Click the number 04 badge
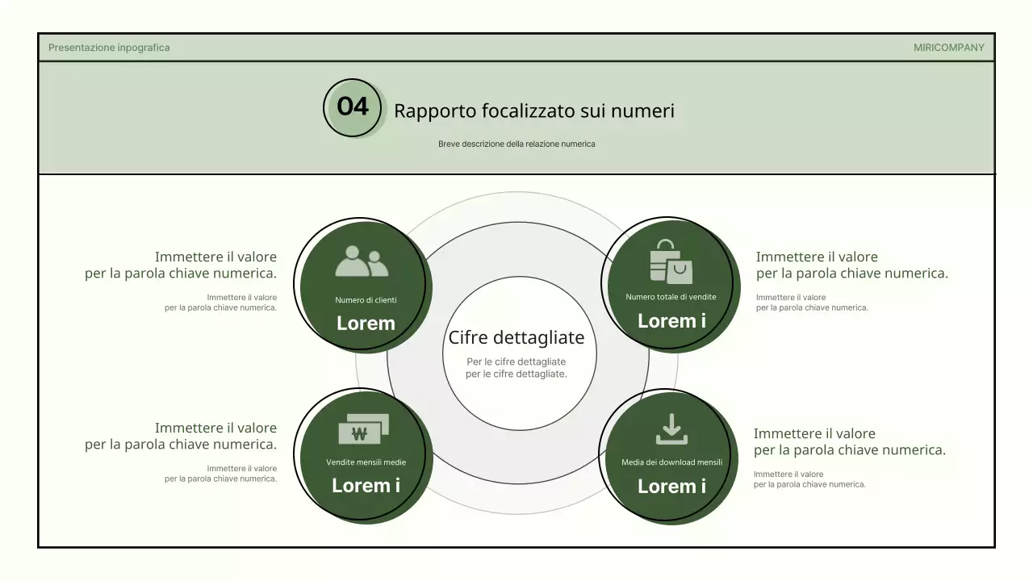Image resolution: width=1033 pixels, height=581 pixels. point(353,107)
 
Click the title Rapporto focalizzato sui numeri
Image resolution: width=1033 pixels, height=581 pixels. point(533,111)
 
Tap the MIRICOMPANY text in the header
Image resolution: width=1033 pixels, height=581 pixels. point(948,48)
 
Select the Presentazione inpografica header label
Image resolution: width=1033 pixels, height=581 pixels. point(109,48)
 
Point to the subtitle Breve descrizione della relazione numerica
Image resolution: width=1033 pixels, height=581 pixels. point(516,144)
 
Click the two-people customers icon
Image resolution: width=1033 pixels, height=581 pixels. point(362,262)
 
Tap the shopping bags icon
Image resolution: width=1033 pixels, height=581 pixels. point(670,262)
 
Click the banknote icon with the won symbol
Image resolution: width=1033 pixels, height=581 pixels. point(363,430)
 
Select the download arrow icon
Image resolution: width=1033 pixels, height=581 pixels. point(671,429)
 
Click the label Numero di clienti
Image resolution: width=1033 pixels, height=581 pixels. point(366,300)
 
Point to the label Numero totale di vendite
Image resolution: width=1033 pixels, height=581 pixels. point(671,297)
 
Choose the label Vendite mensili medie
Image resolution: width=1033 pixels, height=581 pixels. point(366,462)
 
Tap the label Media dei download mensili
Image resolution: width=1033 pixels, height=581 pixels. point(671,462)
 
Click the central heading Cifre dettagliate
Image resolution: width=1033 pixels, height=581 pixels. point(516,337)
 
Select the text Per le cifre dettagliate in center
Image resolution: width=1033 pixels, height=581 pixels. point(516,368)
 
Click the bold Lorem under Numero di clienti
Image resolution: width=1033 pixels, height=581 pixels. point(366,324)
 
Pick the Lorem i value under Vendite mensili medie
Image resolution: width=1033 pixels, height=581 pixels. point(366,486)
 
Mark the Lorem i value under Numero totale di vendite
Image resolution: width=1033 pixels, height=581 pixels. point(671,321)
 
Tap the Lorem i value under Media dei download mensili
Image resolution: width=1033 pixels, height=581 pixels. point(671,487)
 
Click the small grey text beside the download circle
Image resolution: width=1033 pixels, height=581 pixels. point(809,479)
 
